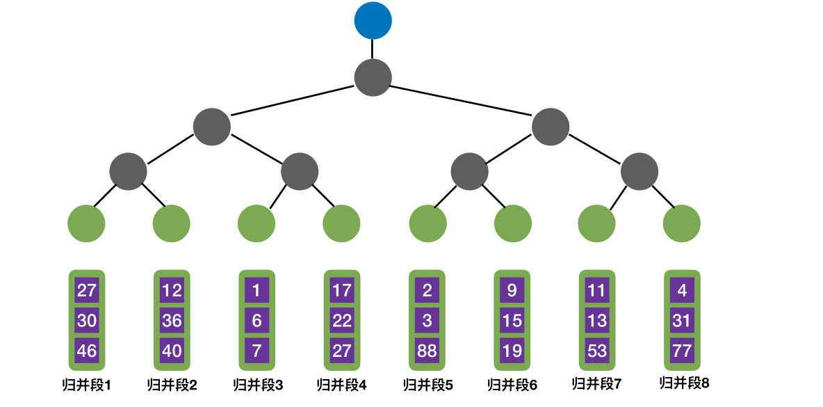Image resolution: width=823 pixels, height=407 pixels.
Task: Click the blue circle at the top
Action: tap(373, 21)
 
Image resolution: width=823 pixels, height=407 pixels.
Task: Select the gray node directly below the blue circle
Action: tap(373, 77)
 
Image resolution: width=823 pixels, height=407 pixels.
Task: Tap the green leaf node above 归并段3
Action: tap(256, 224)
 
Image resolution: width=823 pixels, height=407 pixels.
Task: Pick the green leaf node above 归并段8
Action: tap(682, 224)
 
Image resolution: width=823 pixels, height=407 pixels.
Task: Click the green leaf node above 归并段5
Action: tap(427, 224)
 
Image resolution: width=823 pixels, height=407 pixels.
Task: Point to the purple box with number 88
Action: tap(427, 351)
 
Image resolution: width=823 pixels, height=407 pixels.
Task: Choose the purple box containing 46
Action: tap(87, 351)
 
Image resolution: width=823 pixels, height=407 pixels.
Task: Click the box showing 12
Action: tap(172, 290)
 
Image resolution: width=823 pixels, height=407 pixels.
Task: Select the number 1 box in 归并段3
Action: tap(256, 290)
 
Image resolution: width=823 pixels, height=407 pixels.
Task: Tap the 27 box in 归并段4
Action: tap(342, 351)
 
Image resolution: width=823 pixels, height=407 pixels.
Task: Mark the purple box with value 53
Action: tap(597, 351)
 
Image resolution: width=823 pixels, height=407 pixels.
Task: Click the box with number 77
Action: tap(682, 351)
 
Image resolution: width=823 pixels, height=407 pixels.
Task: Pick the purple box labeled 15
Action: tap(512, 321)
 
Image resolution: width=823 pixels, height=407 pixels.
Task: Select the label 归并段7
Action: tap(597, 384)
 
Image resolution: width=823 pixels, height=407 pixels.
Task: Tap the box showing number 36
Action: tap(172, 321)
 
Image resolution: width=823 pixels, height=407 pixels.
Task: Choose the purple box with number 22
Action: tap(342, 321)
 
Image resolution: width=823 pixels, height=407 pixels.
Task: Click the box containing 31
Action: tap(682, 321)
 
